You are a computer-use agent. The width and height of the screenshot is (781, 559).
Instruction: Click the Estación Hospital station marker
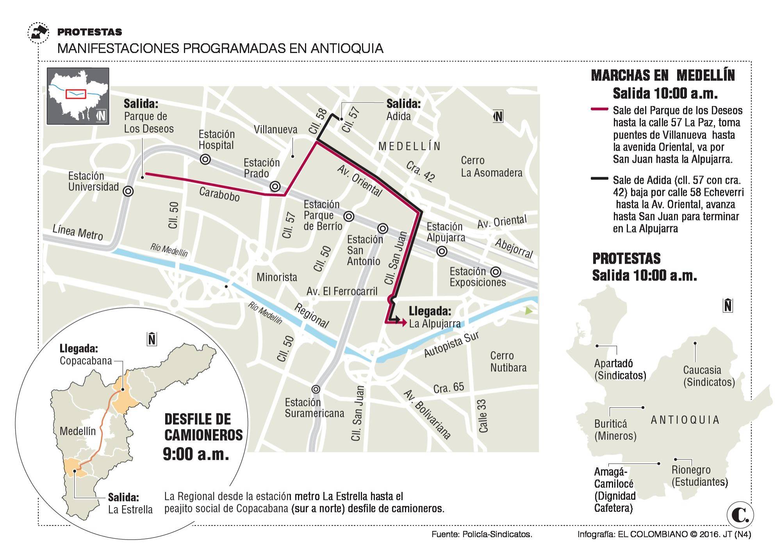point(205,159)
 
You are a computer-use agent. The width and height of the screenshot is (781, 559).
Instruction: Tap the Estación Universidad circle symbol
point(128,192)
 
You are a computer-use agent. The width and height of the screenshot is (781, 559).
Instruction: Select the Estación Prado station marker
point(275,186)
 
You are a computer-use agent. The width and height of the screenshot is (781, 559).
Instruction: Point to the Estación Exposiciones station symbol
point(496,272)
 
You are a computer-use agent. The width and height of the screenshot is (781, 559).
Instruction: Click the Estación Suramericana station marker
point(316,389)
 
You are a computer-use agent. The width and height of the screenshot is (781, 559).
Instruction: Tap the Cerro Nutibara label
point(508,362)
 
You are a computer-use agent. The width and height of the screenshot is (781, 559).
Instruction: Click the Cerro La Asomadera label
point(491,167)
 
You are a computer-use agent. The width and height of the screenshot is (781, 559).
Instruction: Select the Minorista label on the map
point(276,277)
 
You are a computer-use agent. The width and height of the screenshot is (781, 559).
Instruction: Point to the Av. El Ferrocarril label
point(342,291)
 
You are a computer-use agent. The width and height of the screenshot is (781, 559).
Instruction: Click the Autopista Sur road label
point(451,344)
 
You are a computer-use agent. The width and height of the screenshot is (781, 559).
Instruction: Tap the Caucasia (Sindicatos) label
point(709,376)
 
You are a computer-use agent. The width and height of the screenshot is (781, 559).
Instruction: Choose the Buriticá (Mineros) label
point(615,430)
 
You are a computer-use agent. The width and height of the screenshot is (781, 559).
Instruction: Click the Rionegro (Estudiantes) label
point(699,476)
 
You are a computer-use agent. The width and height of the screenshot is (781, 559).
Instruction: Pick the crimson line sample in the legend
point(599,110)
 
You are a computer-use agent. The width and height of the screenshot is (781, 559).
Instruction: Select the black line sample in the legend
point(599,179)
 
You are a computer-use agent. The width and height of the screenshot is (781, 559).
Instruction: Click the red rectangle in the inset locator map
point(75,94)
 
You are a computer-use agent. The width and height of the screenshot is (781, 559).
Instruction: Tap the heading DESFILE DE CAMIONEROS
point(203,427)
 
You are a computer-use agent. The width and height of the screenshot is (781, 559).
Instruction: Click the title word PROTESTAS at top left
point(90,32)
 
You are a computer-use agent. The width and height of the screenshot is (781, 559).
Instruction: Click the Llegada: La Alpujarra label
point(434,317)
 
